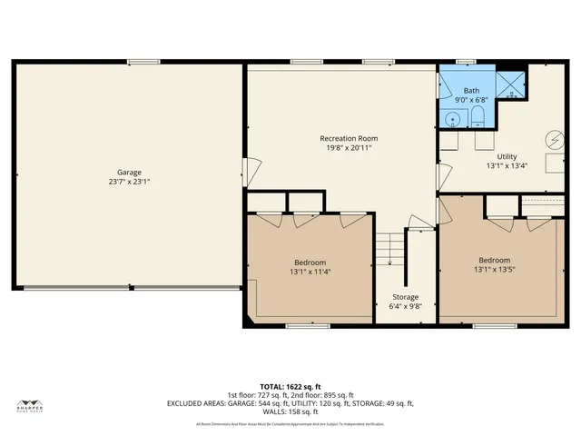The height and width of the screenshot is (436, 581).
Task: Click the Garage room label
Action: click(128, 172)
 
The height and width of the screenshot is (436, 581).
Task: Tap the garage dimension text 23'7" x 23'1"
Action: click(128, 182)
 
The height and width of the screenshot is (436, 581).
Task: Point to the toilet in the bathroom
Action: click(477, 116)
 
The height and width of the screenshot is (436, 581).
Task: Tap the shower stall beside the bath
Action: click(510, 84)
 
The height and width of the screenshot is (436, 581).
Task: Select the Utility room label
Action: click(500, 156)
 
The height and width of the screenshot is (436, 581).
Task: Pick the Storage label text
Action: click(405, 297)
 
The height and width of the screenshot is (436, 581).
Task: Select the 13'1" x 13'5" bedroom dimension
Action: click(494, 270)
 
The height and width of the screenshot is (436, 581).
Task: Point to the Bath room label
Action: click(472, 91)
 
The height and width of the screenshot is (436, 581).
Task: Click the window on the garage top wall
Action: click(143, 62)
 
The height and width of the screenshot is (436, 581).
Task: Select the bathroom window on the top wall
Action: click(467, 63)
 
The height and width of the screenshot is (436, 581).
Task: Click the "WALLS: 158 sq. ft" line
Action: click(290, 411)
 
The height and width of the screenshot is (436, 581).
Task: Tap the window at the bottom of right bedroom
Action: click(495, 326)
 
